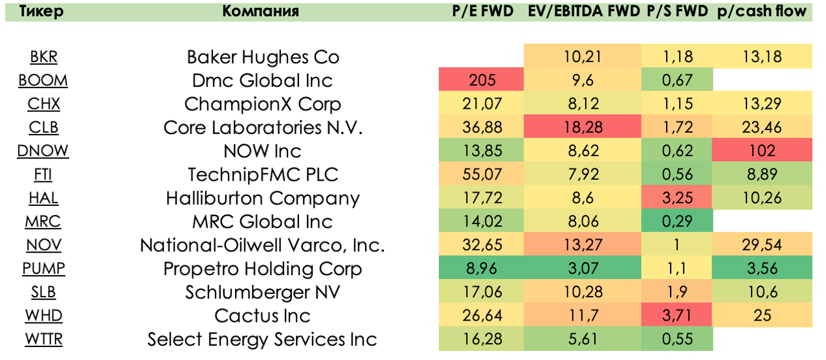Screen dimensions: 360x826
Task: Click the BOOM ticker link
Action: tap(43, 80)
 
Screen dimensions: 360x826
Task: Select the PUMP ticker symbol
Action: tap(43, 269)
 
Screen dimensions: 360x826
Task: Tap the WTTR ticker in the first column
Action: tap(43, 339)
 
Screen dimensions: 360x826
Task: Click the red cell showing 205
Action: tap(482, 80)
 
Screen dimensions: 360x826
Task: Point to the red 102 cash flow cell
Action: tap(762, 151)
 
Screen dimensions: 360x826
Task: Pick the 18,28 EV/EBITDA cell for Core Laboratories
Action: tap(582, 128)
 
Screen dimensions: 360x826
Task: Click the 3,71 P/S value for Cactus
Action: tap(677, 316)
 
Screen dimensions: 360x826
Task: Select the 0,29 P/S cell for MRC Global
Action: tap(677, 221)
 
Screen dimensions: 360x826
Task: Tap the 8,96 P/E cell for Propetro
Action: tap(482, 269)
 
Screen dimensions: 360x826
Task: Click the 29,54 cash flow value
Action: tap(762, 245)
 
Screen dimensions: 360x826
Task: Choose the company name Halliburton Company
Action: tap(263, 198)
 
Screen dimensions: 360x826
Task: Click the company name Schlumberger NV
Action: tap(263, 292)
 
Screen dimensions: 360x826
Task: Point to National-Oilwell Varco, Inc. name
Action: tap(263, 245)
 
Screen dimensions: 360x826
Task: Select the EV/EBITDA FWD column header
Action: tap(582, 11)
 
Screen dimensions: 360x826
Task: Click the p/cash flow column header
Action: tap(762, 11)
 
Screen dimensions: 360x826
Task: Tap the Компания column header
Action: tap(261, 11)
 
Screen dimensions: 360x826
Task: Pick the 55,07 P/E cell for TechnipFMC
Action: tap(482, 175)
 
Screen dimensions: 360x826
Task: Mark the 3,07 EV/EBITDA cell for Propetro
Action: tap(582, 269)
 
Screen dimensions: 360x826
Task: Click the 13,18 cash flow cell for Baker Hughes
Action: tap(762, 57)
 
